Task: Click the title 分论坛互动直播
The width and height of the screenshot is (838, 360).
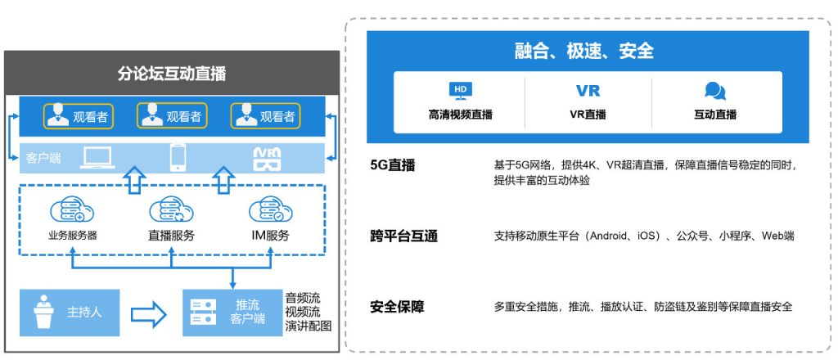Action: (172, 73)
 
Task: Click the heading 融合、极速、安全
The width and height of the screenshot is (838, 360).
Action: (584, 51)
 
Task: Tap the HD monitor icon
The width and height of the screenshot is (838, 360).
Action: (460, 92)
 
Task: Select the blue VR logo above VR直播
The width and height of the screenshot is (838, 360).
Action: (588, 91)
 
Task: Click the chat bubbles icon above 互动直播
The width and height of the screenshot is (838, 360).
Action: (715, 92)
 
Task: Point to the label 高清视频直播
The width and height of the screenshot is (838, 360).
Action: (460, 115)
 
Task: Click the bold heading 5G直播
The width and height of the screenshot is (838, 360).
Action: (392, 165)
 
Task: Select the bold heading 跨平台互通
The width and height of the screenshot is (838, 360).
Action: (403, 236)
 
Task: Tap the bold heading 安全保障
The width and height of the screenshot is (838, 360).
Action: (397, 307)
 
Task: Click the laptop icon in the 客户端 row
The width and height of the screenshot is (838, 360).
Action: (97, 158)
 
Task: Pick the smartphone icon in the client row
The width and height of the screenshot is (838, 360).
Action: (178, 158)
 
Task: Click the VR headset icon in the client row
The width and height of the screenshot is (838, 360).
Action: (267, 159)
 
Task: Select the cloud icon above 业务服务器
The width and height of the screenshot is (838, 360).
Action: (72, 210)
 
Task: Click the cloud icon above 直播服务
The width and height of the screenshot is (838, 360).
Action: (171, 210)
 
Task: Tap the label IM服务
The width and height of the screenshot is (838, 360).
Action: (270, 236)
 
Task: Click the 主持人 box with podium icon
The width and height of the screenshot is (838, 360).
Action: (70, 313)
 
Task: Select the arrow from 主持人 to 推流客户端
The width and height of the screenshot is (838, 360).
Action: (149, 313)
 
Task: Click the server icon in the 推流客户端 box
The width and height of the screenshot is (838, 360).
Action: (204, 313)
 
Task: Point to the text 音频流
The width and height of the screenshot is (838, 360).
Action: (303, 298)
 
